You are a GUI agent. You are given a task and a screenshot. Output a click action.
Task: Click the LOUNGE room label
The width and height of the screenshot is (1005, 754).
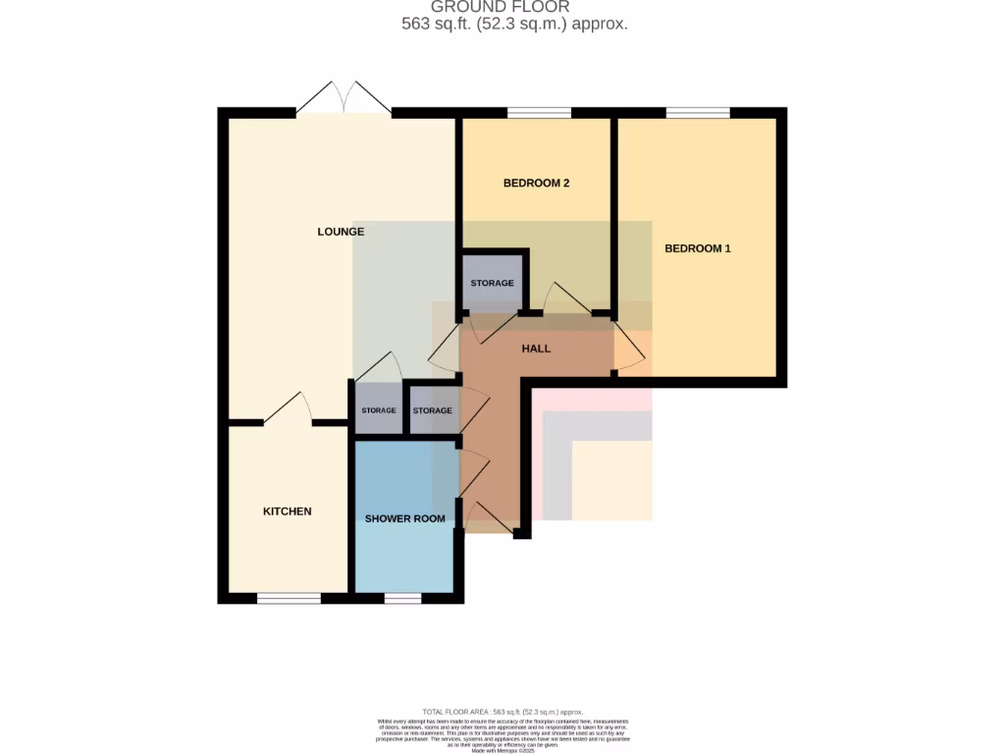click(x=341, y=232)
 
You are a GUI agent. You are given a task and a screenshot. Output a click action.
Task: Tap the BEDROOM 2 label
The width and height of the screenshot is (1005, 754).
click(x=536, y=183)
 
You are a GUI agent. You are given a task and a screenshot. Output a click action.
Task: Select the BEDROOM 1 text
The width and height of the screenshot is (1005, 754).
click(x=697, y=248)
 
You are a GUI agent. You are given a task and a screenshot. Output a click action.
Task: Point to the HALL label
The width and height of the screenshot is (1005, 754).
click(x=536, y=349)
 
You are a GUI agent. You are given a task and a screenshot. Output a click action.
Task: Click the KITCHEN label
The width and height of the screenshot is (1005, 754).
click(x=287, y=512)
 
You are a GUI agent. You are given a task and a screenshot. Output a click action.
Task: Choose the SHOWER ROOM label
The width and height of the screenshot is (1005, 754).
click(x=404, y=518)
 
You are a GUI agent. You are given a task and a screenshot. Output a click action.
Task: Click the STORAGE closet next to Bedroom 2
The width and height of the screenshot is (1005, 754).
click(x=492, y=283)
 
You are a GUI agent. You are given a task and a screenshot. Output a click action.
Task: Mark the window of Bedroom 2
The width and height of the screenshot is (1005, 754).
click(x=539, y=113)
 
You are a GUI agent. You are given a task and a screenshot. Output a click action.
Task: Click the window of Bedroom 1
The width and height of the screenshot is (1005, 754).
click(x=697, y=113)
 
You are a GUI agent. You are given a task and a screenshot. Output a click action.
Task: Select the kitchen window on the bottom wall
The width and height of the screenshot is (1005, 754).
click(x=289, y=598)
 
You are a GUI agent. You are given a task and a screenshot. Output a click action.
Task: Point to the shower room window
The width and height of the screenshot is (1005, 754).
click(x=401, y=598)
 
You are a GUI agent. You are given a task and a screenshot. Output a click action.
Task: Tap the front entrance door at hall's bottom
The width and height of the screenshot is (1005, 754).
click(x=490, y=518)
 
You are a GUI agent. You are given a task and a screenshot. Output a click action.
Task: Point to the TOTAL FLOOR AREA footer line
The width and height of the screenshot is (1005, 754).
click(x=502, y=712)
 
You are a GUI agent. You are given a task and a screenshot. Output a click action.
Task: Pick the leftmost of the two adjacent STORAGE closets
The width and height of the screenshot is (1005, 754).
click(x=378, y=410)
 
